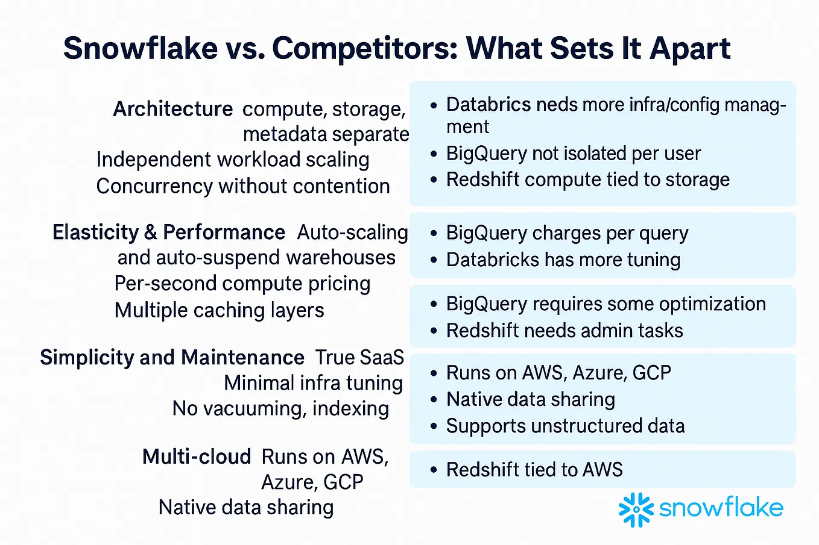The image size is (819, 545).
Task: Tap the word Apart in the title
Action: pyautogui.click(x=690, y=49)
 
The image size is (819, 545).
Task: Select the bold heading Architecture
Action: pyautogui.click(x=173, y=109)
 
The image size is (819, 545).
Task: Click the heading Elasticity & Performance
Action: pyautogui.click(x=168, y=232)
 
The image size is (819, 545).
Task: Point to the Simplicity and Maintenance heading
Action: pyautogui.click(x=172, y=357)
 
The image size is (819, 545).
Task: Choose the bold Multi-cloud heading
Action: pyautogui.click(x=197, y=456)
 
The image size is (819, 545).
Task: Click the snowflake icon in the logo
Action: pyautogui.click(x=636, y=509)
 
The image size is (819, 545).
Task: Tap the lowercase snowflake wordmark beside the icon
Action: pyautogui.click(x=721, y=507)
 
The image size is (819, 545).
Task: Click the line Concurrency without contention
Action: pyautogui.click(x=243, y=186)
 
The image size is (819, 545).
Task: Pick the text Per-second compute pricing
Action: pyautogui.click(x=242, y=284)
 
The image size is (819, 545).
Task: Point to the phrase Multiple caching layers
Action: pyautogui.click(x=220, y=311)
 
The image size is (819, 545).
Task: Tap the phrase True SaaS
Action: pyautogui.click(x=359, y=357)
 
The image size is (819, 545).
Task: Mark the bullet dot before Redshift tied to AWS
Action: pyautogui.click(x=434, y=470)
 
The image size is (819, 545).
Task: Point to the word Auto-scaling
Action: pyautogui.click(x=352, y=232)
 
